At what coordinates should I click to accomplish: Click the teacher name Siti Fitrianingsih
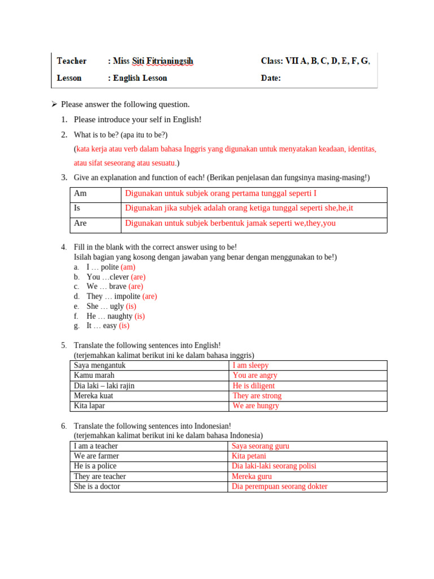click(161, 61)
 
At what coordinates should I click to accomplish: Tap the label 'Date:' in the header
click(271, 78)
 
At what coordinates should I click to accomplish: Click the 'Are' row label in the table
click(80, 223)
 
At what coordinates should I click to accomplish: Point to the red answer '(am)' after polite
click(128, 267)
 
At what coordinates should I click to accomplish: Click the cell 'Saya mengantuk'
click(99, 365)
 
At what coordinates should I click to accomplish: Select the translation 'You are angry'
click(255, 375)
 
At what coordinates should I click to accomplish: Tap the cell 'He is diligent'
click(253, 386)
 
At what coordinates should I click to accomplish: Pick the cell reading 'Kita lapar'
click(89, 406)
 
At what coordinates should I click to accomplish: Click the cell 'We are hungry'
click(255, 406)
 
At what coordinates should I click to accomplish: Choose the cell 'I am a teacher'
click(96, 446)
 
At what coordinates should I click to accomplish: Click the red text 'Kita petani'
click(249, 456)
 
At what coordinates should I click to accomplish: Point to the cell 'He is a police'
click(96, 466)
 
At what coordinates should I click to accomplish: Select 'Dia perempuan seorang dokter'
click(279, 486)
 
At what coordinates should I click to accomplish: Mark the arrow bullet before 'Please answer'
click(54, 104)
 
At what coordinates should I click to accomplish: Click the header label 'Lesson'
click(69, 78)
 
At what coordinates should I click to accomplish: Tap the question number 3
click(64, 178)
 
